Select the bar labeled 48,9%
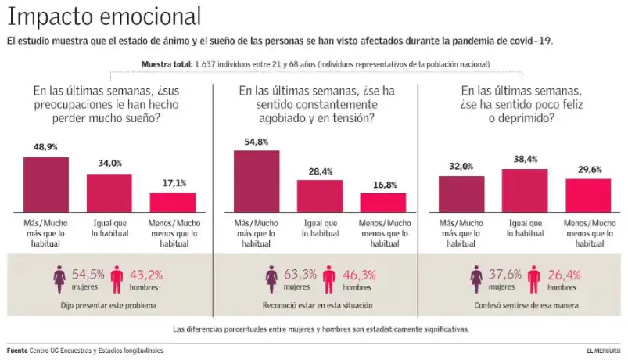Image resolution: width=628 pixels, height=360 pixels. [x=46, y=185]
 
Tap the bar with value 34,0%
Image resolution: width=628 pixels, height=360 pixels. [x=109, y=193]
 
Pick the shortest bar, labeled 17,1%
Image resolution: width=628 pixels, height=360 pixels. [x=172, y=203]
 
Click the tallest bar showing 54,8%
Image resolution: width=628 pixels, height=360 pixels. [x=257, y=182]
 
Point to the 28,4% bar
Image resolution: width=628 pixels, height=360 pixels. [x=319, y=196]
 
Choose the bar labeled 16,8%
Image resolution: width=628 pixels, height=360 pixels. [x=383, y=203]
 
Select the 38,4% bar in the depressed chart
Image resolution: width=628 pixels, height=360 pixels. [x=525, y=191]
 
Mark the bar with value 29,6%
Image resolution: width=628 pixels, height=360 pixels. [x=587, y=196]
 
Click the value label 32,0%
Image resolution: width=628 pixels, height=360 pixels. [x=461, y=166]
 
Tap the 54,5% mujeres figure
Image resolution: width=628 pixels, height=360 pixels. [x=88, y=275]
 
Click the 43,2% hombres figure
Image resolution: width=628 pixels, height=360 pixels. [x=145, y=275]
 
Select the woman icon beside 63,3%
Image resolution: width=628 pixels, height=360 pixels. [x=271, y=278]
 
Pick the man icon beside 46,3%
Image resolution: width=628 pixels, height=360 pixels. [x=327, y=278]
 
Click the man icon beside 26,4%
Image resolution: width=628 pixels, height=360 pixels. [x=533, y=278]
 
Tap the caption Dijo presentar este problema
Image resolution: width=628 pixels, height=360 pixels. [x=106, y=304]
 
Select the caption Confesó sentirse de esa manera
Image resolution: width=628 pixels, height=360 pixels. [x=526, y=304]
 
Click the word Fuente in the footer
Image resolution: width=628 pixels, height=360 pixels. [x=17, y=351]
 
